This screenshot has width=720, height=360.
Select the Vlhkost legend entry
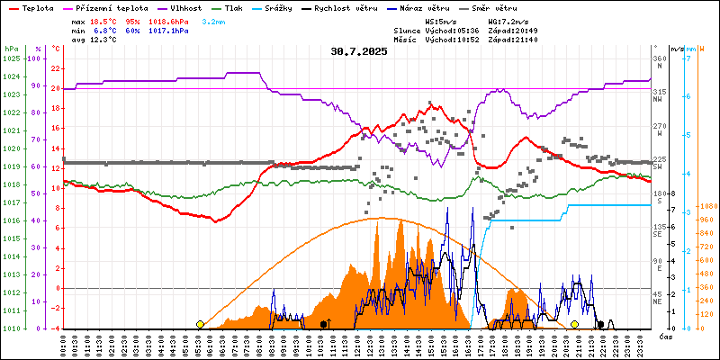pyautogui.click(x=184, y=7)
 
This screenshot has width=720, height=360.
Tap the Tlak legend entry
pyautogui.click(x=238, y=7)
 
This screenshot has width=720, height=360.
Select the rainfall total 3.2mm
pyautogui.click(x=213, y=20)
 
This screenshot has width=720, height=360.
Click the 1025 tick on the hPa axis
pyautogui.click(x=11, y=58)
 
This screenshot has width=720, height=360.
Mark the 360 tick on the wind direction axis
pyautogui.click(x=660, y=58)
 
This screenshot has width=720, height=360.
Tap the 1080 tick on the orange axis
pyautogui.click(x=706, y=206)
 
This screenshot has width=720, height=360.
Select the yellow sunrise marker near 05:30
pyautogui.click(x=200, y=324)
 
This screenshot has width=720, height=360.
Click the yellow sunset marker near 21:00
pyautogui.click(x=574, y=324)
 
